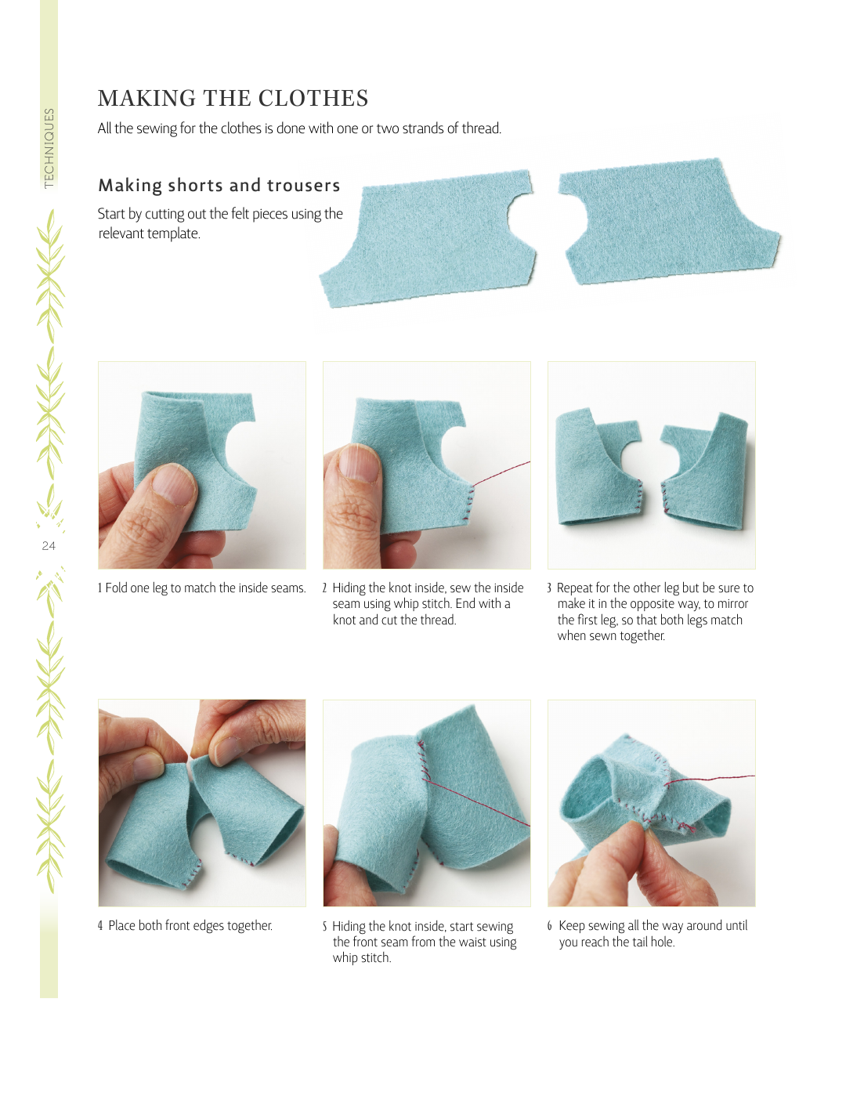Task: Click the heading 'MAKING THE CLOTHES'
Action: [233, 99]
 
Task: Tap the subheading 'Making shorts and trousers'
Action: [219, 185]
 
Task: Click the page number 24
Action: [49, 546]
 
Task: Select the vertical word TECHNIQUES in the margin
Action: [49, 148]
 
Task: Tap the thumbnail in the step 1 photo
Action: [173, 485]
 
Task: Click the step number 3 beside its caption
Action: [549, 588]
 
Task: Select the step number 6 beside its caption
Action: [550, 925]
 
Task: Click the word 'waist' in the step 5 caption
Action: [457, 942]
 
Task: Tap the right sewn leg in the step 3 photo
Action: [706, 474]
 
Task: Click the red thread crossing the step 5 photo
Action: [476, 803]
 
